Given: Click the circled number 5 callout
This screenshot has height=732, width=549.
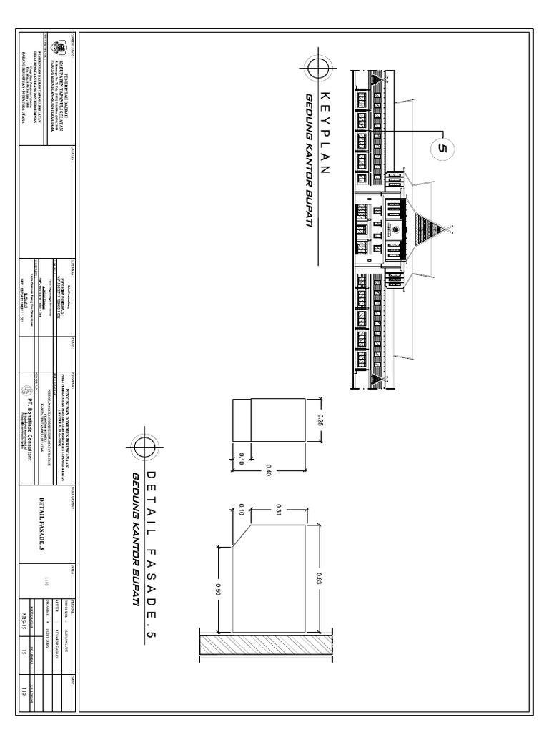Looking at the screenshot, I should click(x=441, y=148).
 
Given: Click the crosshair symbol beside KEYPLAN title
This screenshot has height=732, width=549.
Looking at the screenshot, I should click(x=317, y=69).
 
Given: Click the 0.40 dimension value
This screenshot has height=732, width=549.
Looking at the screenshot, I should click(x=277, y=470).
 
